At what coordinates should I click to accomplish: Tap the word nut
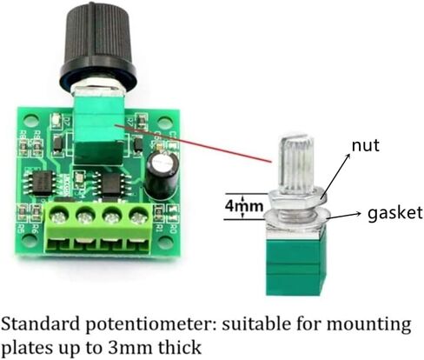tap(365, 145)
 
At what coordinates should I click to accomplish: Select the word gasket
tap(395, 214)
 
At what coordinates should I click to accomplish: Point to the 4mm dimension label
tap(245, 206)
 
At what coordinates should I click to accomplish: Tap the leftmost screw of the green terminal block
tap(58, 217)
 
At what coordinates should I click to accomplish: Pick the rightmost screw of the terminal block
tap(137, 217)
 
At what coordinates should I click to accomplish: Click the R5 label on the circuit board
tap(20, 229)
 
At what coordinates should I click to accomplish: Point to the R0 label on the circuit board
tap(174, 229)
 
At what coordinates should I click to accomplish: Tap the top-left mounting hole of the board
tap(30, 121)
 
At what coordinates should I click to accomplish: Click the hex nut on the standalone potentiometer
tap(297, 198)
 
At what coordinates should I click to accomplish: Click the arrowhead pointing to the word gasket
tap(358, 214)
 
